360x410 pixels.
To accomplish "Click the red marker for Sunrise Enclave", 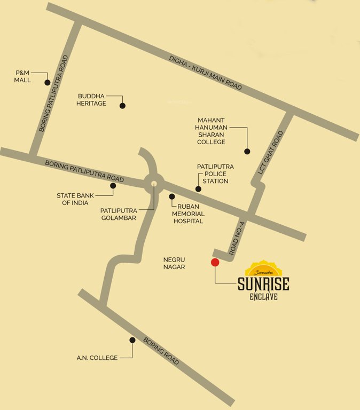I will [215, 262].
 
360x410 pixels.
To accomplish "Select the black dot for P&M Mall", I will [48, 83].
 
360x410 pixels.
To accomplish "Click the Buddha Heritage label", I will [92, 99].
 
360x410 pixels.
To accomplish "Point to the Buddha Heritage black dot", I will [122, 106].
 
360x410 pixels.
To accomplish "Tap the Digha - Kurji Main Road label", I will [205, 72].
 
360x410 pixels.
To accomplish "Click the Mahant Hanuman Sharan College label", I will [212, 131].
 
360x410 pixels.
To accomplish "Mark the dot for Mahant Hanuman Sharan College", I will [247, 151].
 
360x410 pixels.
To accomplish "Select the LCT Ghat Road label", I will [271, 154].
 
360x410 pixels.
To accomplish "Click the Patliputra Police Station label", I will [215, 174].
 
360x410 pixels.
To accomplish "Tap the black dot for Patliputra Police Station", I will [198, 189].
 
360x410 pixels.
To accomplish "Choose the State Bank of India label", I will [75, 199].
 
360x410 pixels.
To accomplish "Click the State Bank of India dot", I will [113, 186].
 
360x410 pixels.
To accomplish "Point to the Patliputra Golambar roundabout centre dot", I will [154, 184].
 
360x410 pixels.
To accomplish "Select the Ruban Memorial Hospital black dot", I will [172, 196].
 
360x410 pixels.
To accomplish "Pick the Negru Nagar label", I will [174, 263].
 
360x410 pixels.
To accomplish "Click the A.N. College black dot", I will [132, 340].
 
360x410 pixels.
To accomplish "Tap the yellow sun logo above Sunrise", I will [263, 268].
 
